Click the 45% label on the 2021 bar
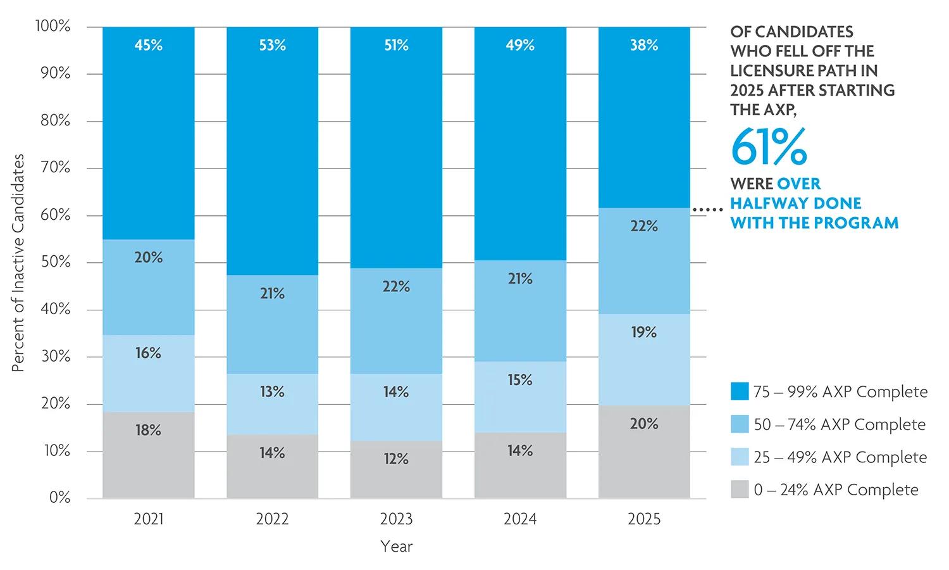pos(148,45)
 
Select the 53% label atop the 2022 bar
pos(273,45)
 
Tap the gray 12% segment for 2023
pos(396,469)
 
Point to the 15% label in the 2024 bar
pos(520,379)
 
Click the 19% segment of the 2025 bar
pos(644,360)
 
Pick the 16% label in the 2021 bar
pos(148,353)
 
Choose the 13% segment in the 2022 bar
pos(273,404)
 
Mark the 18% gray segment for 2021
pos(148,455)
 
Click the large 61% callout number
pos(769,147)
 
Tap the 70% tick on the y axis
pos(55,168)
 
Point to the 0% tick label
pos(59,497)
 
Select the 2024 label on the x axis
pos(520,519)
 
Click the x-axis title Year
pos(396,546)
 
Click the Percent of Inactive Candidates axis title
pos(18,263)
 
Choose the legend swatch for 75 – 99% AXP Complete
pos(740,391)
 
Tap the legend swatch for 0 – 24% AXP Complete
pos(740,489)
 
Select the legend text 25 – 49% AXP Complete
pos(841,457)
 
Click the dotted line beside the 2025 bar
pos(707,210)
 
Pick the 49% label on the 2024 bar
pos(520,45)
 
